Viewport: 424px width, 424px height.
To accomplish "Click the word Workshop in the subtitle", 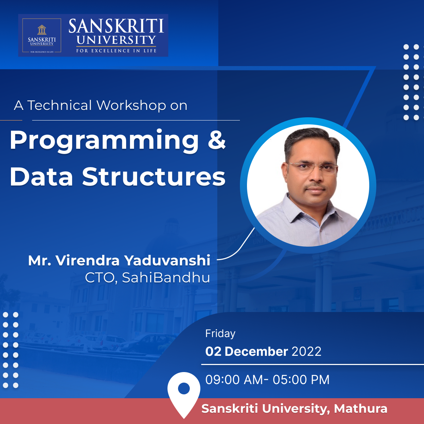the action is tap(131, 105).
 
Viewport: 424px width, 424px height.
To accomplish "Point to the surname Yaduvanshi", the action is tap(167, 260).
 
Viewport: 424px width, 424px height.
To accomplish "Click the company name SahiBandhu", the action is tap(166, 277).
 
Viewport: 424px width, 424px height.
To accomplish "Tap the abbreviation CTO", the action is tap(100, 278).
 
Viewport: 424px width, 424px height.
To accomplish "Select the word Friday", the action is tap(220, 334).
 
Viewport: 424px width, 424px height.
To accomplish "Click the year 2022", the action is tap(306, 351).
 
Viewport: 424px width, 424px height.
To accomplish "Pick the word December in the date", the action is tap(256, 351).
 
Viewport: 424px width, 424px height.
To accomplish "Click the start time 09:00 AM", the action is tap(234, 379).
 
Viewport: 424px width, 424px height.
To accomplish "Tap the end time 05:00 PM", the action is tap(301, 379).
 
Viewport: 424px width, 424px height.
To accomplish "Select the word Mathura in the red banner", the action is tap(361, 408).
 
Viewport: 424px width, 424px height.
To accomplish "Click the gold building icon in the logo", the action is tap(42, 29).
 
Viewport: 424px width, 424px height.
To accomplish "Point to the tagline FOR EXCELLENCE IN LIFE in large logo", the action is tap(116, 51).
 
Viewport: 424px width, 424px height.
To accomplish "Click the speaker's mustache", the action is tap(315, 187).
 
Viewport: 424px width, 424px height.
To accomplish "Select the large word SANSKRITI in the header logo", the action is tap(116, 26).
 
